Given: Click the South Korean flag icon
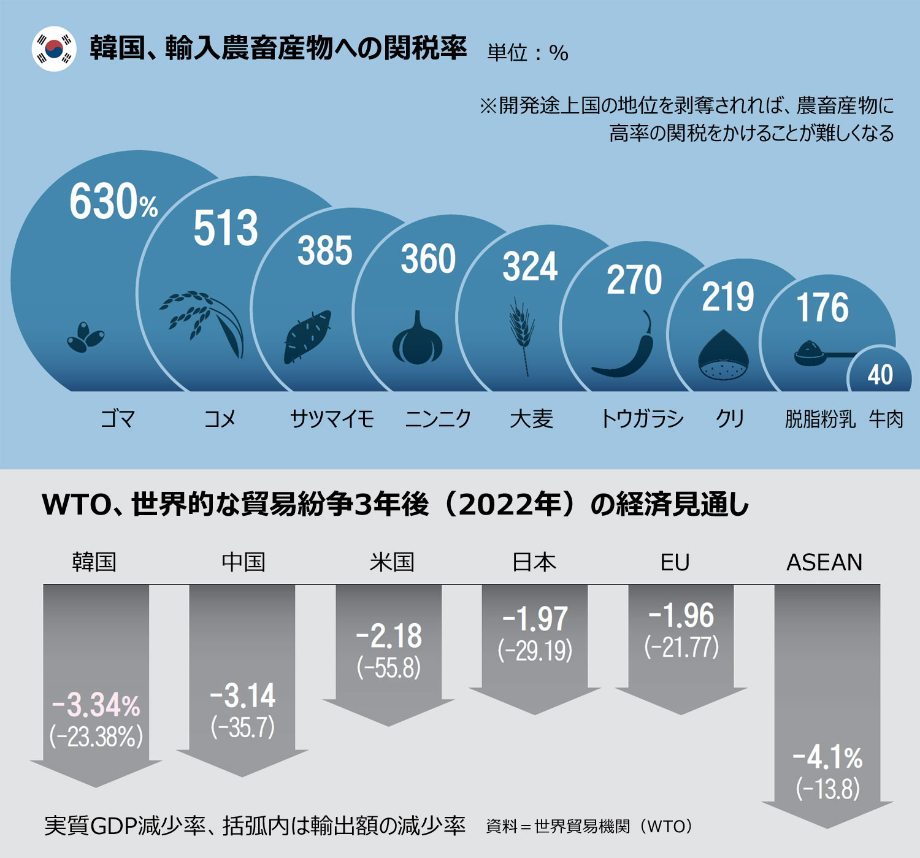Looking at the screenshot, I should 54,49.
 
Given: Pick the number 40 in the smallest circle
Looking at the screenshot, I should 880,375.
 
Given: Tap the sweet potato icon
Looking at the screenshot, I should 307,337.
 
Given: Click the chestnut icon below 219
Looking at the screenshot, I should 723,356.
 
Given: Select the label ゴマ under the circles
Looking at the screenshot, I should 117,419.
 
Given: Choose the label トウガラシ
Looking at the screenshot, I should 642,419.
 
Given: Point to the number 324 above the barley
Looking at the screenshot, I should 530,267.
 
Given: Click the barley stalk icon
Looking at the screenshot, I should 522,335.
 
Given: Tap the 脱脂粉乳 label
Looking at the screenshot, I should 820,419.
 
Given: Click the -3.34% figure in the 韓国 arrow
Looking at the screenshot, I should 96,705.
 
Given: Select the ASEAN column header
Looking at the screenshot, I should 824,562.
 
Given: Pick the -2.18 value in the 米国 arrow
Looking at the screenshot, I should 389,636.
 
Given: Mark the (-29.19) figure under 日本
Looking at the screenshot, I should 535,651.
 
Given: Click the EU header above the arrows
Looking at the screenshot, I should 675,562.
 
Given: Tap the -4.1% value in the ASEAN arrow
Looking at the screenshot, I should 827,757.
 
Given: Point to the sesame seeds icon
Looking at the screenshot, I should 85,337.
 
